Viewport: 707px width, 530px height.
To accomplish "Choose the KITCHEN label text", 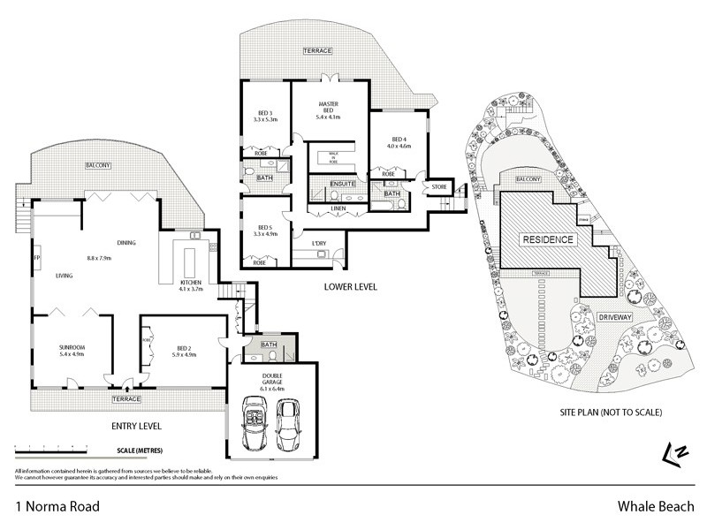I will tap(192, 283).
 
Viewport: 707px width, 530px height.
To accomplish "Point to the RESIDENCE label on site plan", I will tap(548, 239).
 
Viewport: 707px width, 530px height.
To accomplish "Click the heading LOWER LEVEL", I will tap(352, 287).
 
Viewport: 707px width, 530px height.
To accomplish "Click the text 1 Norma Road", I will tap(57, 507).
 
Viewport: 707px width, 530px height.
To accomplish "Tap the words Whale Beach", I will tap(652, 507).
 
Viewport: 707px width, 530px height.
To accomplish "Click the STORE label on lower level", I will tap(439, 187).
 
